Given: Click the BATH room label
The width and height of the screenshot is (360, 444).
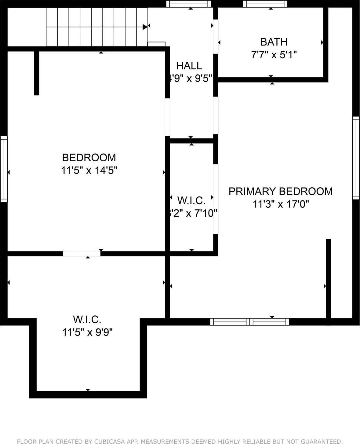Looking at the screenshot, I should (274, 42).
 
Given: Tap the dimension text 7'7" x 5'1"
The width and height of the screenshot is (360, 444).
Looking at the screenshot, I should (274, 55).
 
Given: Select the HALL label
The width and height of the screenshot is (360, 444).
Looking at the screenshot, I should (189, 66).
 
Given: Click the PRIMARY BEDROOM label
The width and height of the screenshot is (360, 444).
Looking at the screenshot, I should (280, 191).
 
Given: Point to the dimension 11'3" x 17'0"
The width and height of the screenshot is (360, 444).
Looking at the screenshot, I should (281, 204).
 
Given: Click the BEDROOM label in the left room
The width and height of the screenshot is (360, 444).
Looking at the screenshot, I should (89, 158).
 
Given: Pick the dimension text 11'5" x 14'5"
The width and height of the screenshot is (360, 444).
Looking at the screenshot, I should (89, 171).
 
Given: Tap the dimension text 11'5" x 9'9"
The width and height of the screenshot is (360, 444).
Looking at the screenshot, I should (88, 332).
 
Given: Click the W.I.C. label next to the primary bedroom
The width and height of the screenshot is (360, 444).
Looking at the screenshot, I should (191, 201).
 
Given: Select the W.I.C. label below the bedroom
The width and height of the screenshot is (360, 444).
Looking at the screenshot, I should (87, 320).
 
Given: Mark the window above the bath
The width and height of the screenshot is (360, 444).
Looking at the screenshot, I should (265, 4).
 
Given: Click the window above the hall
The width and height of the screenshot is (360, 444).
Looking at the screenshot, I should (188, 4).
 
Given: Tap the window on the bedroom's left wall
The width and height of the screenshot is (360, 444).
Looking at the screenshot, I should (4, 169).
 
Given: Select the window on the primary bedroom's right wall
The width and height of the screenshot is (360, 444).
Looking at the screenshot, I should (356, 158).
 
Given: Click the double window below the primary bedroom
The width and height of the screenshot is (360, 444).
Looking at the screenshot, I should (249, 322).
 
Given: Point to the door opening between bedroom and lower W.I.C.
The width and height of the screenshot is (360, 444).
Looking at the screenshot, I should (82, 254).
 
